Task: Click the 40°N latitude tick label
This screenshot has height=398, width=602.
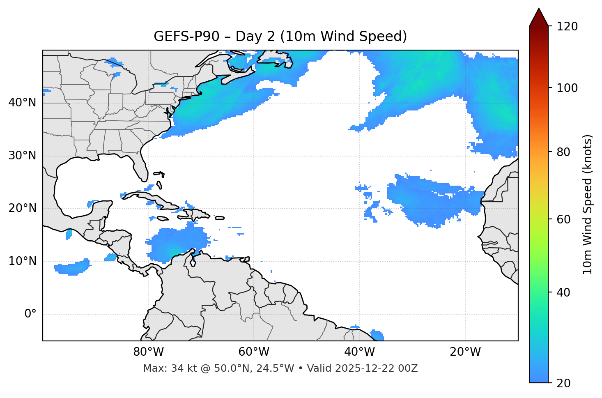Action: (22, 103)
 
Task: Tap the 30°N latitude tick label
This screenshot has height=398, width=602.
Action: (22, 156)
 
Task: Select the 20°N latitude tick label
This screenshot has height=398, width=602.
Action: (22, 209)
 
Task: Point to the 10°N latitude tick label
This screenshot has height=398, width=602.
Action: (22, 261)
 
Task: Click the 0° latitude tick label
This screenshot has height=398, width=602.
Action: (30, 314)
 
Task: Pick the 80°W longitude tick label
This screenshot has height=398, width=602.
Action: (148, 352)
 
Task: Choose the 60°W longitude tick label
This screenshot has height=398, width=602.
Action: (254, 352)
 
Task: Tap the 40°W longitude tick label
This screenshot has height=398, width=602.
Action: (359, 352)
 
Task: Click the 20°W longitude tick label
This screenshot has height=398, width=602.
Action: (465, 352)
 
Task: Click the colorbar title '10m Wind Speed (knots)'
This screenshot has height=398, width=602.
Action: (588, 205)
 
